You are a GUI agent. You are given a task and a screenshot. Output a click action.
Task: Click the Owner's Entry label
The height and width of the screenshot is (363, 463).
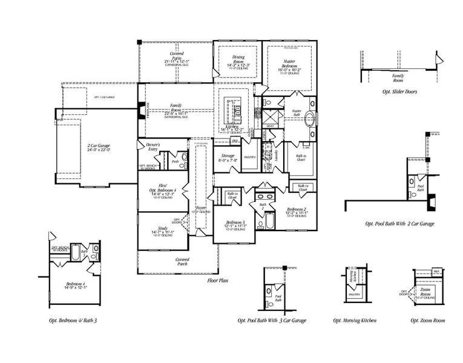pos(149,147)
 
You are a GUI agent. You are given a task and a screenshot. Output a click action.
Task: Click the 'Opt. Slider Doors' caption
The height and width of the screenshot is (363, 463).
pos(399,91)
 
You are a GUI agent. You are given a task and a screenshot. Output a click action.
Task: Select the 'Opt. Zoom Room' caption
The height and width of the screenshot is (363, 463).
pos(427,320)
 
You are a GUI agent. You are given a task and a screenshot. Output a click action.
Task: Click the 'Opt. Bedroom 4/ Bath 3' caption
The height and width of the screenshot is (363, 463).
pos(73,320)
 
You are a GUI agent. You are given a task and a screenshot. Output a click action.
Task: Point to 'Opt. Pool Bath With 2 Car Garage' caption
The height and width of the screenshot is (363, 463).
pos(399,223)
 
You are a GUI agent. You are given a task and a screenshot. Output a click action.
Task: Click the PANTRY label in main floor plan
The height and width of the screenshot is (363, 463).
pos(250,157)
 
